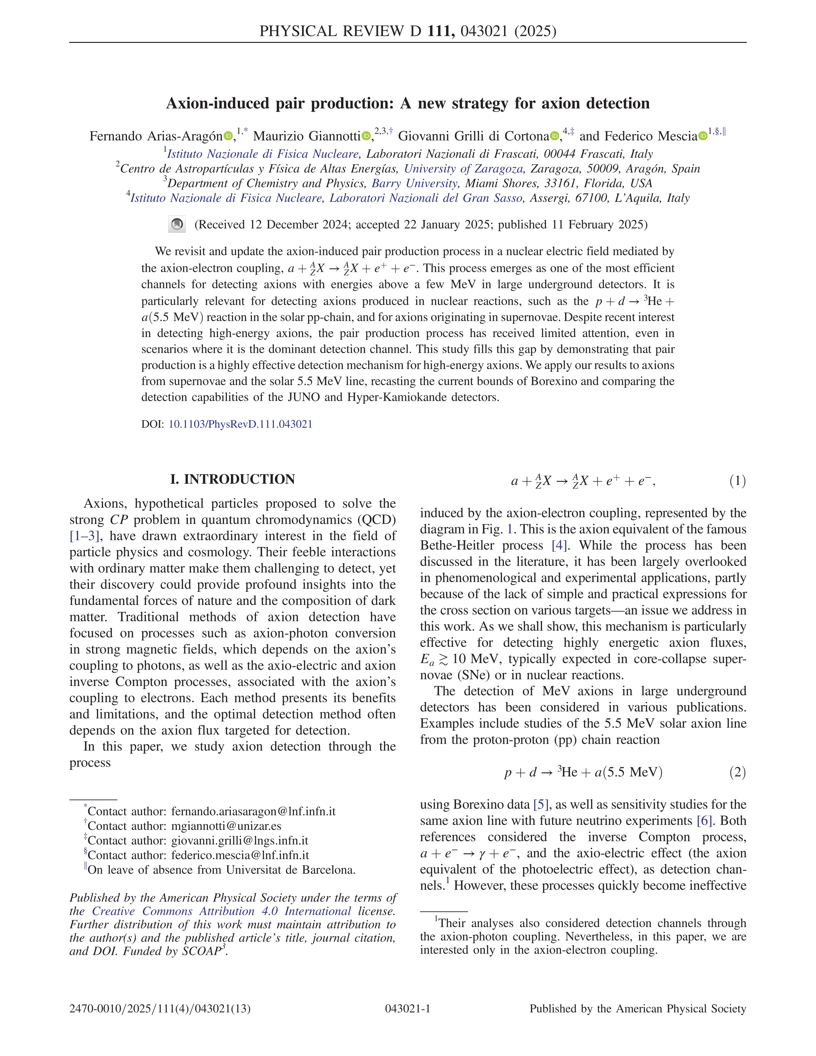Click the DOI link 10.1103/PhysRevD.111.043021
pos(240,424)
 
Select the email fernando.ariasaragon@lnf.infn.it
pos(253,811)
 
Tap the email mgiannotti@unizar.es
pos(226,826)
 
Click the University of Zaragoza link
pos(463,169)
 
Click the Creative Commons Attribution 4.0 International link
pos(221,911)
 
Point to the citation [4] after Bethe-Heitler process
pos(559,545)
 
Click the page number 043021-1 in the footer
pos(407,1009)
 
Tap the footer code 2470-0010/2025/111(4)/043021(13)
pos(160,1009)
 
